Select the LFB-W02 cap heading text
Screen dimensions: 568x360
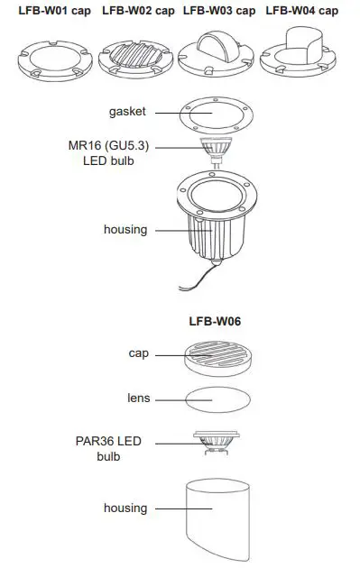pos(138,11)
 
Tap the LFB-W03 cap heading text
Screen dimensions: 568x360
pos(219,11)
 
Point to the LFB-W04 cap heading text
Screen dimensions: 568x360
pos(302,11)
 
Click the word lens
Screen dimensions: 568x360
pos(138,398)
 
